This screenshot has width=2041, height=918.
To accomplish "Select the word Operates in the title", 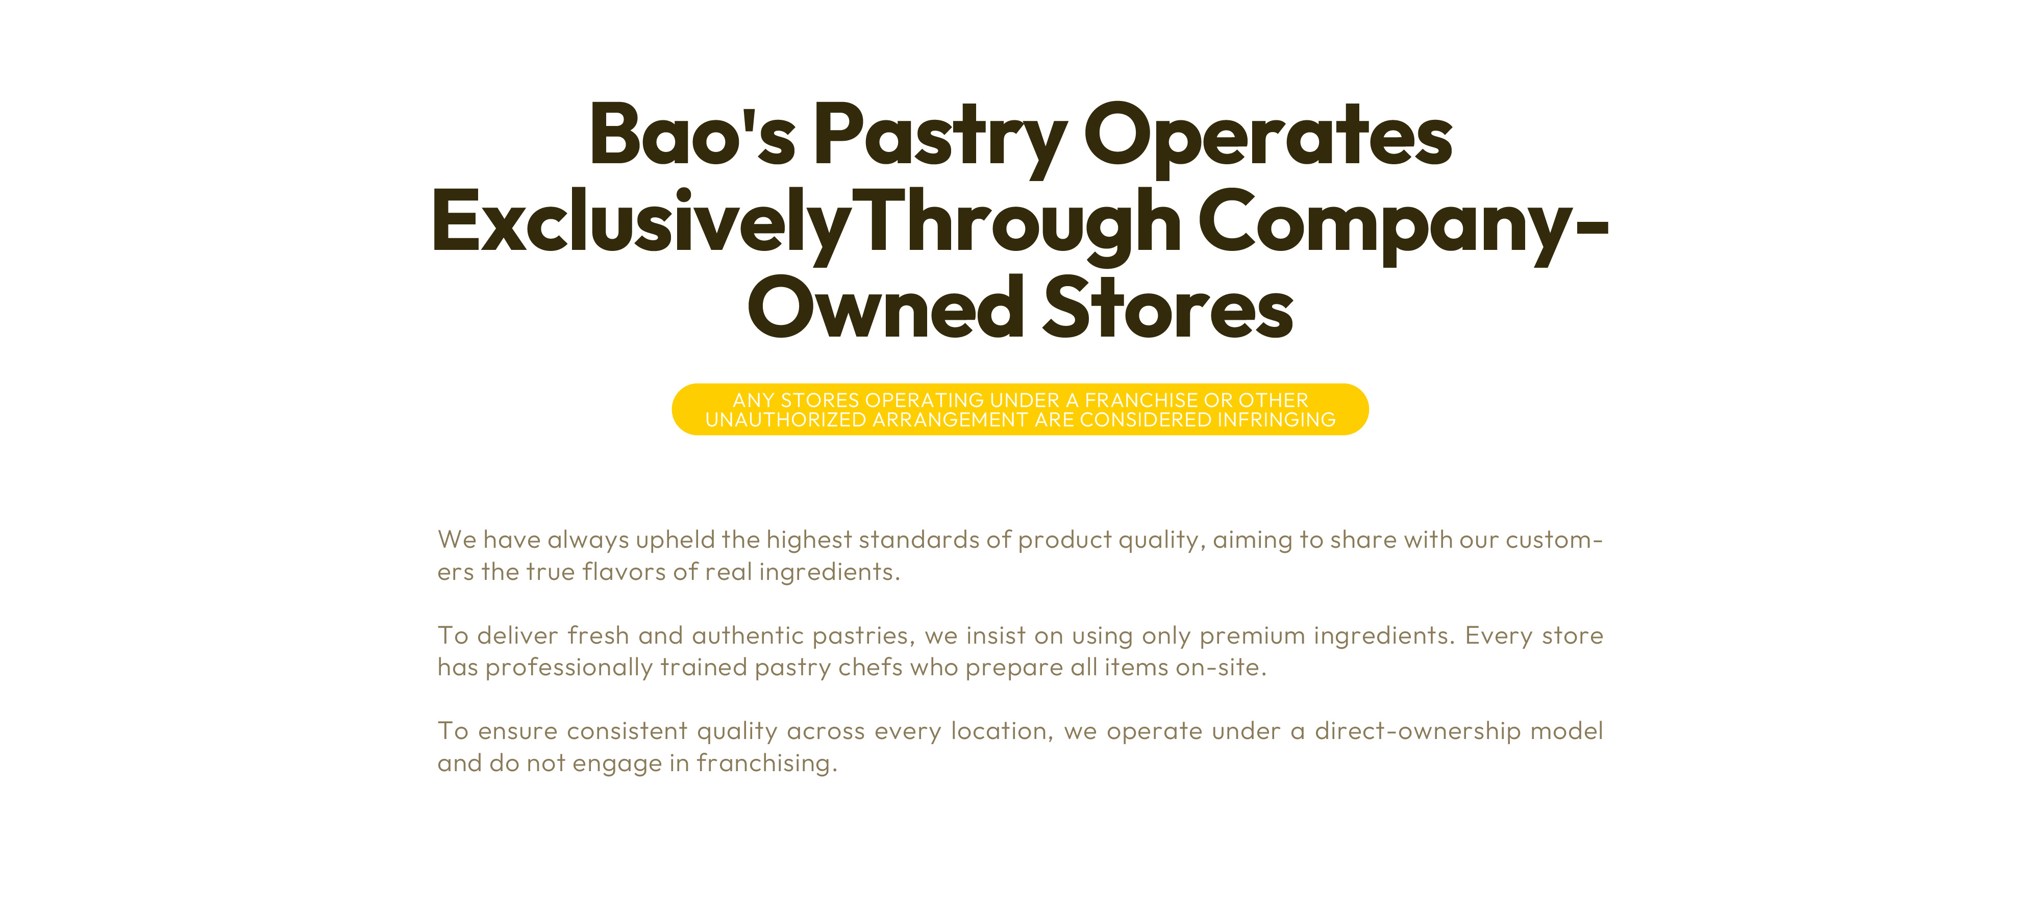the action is coord(1267,139).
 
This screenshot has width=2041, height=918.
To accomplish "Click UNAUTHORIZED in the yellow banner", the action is coord(785,420).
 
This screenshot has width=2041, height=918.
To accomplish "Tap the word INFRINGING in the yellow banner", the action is coord(1277,420).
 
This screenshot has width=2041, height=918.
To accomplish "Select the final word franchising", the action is coord(767,763).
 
